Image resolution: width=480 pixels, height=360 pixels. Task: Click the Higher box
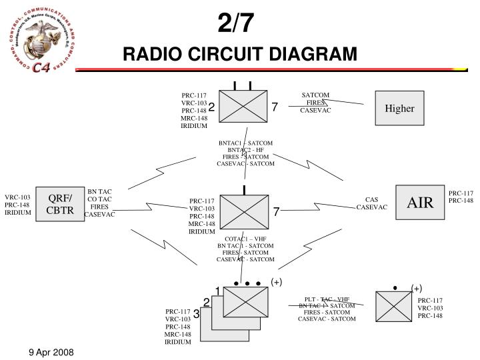tap(399, 109)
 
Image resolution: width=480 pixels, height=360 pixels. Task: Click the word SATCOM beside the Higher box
tap(315, 95)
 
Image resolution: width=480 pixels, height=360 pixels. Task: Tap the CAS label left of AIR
tap(371, 199)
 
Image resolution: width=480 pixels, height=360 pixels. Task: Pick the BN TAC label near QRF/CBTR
tap(100, 192)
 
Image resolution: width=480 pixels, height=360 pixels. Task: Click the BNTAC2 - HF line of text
tap(245, 150)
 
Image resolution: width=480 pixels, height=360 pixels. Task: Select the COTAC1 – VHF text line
tap(245, 239)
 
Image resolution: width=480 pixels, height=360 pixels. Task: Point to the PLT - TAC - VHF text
tap(327, 299)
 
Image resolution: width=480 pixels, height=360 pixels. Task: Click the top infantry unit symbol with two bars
tap(243, 107)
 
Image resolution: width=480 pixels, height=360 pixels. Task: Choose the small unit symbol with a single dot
tap(394, 306)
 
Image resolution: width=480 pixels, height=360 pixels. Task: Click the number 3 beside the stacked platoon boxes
tap(197, 313)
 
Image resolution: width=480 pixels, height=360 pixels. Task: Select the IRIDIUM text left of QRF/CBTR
tap(18, 213)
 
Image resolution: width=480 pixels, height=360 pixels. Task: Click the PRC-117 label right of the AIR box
tap(461, 193)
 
